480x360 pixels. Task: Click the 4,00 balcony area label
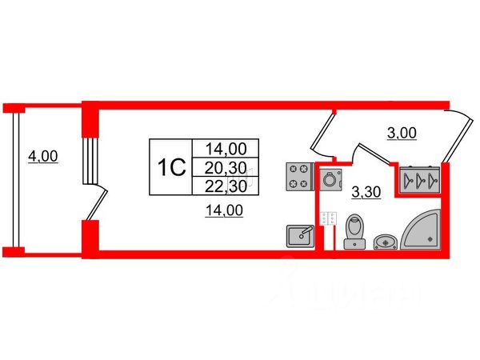pyautogui.click(x=42, y=157)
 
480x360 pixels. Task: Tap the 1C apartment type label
pyautogui.click(x=170, y=167)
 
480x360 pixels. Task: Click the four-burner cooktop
pyautogui.click(x=300, y=177)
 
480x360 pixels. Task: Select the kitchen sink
pyautogui.click(x=301, y=235)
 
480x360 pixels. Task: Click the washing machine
pyautogui.click(x=328, y=179)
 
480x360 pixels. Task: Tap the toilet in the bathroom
pyautogui.click(x=352, y=230)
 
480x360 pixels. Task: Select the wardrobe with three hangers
pyautogui.click(x=420, y=180)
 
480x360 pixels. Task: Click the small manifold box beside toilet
pyautogui.click(x=327, y=218)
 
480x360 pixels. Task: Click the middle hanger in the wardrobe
pyautogui.click(x=421, y=180)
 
